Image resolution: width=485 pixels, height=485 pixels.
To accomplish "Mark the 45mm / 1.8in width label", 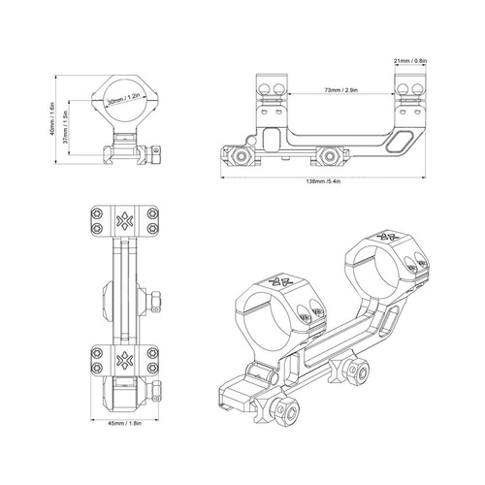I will [x=123, y=423].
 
